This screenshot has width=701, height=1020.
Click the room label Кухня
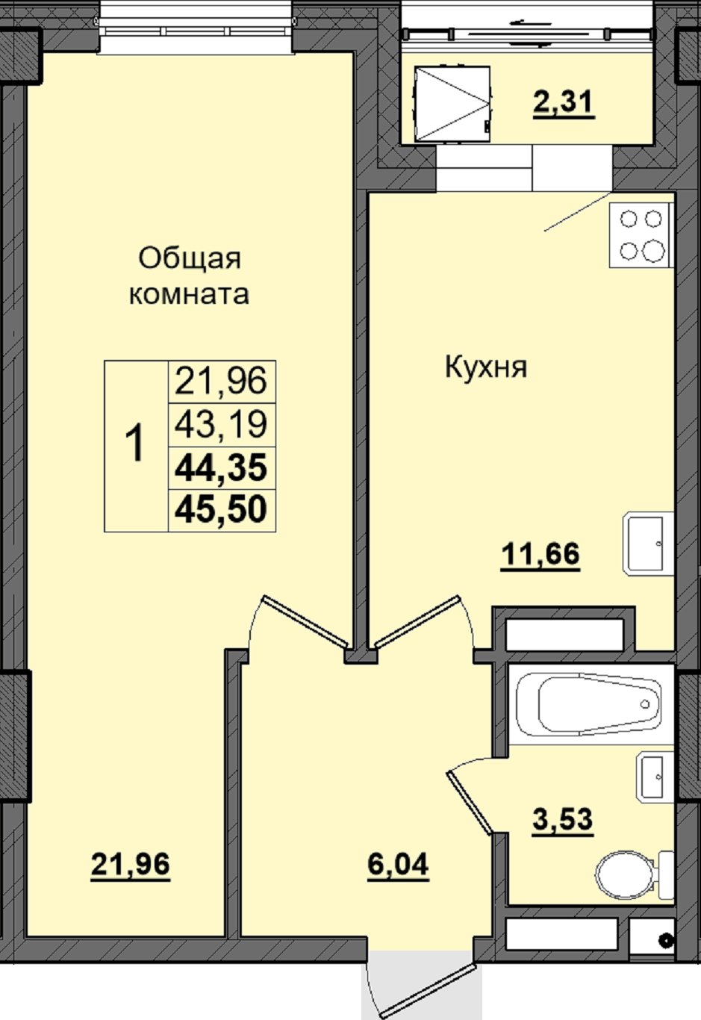486,368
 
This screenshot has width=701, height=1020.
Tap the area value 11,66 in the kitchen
540,554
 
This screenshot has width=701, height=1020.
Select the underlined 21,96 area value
130,864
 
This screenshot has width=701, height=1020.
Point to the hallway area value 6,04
398,864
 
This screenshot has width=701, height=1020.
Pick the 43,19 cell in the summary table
221,424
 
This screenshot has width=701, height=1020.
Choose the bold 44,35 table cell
221,468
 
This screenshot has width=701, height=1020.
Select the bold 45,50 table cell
221,510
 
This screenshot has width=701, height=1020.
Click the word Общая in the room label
190,258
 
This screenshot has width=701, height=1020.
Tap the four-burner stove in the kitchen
641,235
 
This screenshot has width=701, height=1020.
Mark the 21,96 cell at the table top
221,381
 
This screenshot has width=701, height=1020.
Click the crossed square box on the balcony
452,104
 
